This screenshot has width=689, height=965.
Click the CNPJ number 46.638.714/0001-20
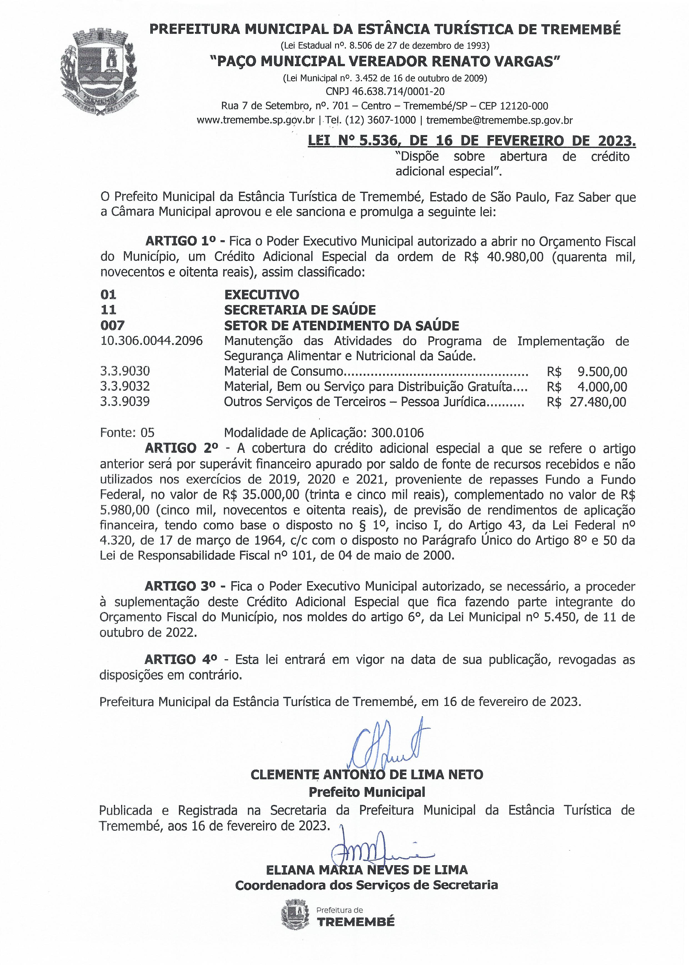click(385, 91)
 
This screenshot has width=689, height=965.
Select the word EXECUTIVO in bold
click(261, 295)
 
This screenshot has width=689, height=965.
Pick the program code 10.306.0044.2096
click(151, 341)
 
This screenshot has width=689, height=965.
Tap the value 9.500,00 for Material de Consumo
click(602, 371)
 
